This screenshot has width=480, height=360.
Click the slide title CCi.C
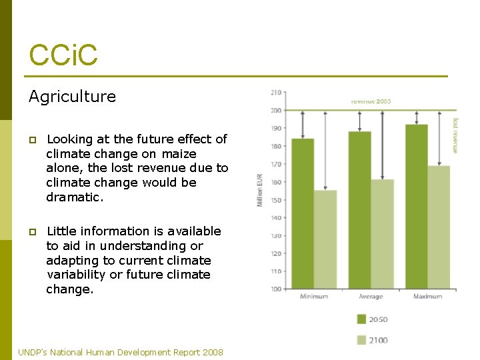pos(63,54)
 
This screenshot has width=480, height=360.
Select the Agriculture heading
pos(72,97)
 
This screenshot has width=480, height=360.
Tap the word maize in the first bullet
pos(179,154)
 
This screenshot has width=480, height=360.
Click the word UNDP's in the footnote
pos(33,352)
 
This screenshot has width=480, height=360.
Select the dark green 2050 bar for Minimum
pos(303,213)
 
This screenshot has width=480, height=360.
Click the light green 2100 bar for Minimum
pos(325,239)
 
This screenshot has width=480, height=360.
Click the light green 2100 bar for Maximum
pos(439,227)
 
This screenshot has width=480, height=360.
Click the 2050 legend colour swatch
pos(361,319)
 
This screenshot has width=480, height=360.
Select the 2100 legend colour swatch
pos(361,340)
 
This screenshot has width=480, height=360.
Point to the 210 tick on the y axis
pos(276,93)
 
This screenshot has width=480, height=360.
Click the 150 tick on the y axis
pos(276,200)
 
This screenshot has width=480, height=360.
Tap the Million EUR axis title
pos(260,190)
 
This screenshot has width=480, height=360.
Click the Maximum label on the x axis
pos(427,297)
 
